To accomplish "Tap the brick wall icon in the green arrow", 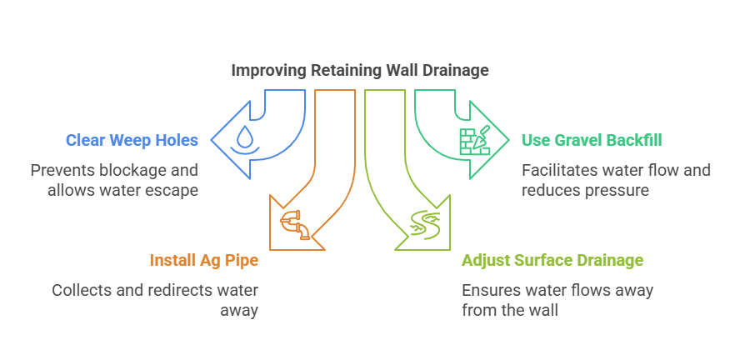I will point(474,141).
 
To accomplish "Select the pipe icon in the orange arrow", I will point(296,224).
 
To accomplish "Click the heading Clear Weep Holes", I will point(132,140).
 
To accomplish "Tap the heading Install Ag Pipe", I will point(204,260).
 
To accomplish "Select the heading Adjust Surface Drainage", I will point(552,260).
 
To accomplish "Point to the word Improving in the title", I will point(268,71).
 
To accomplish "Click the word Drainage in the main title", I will point(457,71).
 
